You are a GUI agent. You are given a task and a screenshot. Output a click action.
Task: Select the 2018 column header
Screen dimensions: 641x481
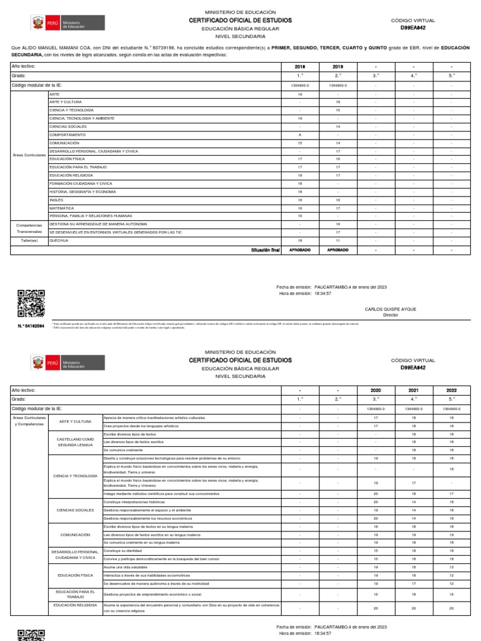click(300, 66)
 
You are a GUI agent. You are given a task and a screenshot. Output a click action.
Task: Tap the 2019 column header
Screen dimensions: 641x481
click(338, 66)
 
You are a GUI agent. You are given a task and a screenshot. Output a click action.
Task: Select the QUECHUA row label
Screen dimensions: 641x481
click(59, 240)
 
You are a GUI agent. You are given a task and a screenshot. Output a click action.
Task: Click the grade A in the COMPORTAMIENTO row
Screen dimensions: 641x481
click(300, 135)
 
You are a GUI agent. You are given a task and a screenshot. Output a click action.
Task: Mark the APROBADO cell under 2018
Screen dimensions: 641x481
click(300, 249)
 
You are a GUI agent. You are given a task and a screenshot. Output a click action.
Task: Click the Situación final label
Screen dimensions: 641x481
click(265, 249)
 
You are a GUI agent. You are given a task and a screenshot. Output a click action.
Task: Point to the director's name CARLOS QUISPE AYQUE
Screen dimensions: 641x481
click(390, 309)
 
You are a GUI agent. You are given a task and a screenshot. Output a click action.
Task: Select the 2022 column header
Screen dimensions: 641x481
click(452, 389)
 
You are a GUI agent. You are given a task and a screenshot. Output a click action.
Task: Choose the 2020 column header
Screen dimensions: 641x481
click(376, 389)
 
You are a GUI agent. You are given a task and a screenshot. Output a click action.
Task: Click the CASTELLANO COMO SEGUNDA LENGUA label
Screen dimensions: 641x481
click(76, 442)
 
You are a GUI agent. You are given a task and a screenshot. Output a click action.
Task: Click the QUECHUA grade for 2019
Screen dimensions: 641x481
click(338, 240)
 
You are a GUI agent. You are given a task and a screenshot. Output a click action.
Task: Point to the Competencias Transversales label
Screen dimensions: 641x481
click(29, 227)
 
